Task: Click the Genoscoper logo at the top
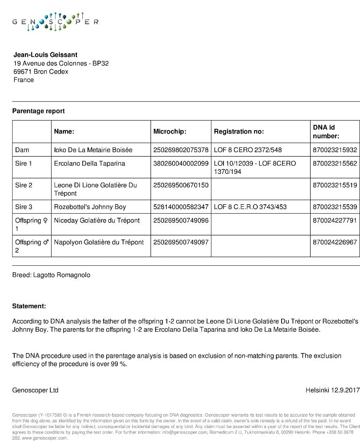55,22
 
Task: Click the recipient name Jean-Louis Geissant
45,55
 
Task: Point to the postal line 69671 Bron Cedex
41,72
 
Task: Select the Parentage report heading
38,111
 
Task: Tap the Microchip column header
170,131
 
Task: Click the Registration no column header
239,131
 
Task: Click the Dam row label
22,150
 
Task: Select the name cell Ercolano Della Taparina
89,163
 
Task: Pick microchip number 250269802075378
181,150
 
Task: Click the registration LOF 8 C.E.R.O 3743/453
250,207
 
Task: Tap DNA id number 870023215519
335,185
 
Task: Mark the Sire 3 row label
24,207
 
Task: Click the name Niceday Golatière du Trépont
97,220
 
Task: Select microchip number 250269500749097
181,242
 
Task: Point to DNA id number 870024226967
335,242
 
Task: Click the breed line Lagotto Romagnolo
51,275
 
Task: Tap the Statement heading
29,306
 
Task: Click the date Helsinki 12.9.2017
332,390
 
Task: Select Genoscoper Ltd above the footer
35,390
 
